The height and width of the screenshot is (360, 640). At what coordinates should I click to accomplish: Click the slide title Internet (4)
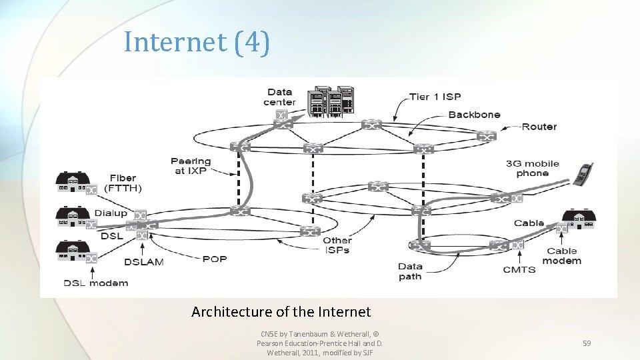pyautogui.click(x=197, y=42)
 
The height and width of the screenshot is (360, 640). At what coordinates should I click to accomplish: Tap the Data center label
pyautogui.click(x=279, y=97)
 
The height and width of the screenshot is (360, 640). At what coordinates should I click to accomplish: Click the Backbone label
pyautogui.click(x=474, y=115)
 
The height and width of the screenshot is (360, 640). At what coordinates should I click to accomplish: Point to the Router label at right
pyautogui.click(x=539, y=127)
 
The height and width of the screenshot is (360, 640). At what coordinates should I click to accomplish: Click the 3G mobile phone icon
pyautogui.click(x=583, y=174)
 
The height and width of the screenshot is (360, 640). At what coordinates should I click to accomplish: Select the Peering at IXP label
pyautogui.click(x=191, y=166)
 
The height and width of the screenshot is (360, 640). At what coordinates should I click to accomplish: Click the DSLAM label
pyautogui.click(x=143, y=262)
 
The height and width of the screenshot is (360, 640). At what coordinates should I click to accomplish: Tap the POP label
pyautogui.click(x=215, y=259)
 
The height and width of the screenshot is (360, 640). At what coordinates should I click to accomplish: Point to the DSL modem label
pyautogui.click(x=96, y=283)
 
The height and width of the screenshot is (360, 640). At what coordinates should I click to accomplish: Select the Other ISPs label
pyautogui.click(x=337, y=245)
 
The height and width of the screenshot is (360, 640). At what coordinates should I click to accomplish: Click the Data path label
pyautogui.click(x=410, y=271)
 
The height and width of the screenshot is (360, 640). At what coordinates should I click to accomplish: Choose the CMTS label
pyautogui.click(x=519, y=269)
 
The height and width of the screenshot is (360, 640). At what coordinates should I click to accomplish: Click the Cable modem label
pyautogui.click(x=561, y=256)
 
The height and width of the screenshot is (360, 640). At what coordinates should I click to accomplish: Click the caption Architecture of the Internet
pyautogui.click(x=281, y=311)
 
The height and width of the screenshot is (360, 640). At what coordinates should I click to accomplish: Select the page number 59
pyautogui.click(x=587, y=343)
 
